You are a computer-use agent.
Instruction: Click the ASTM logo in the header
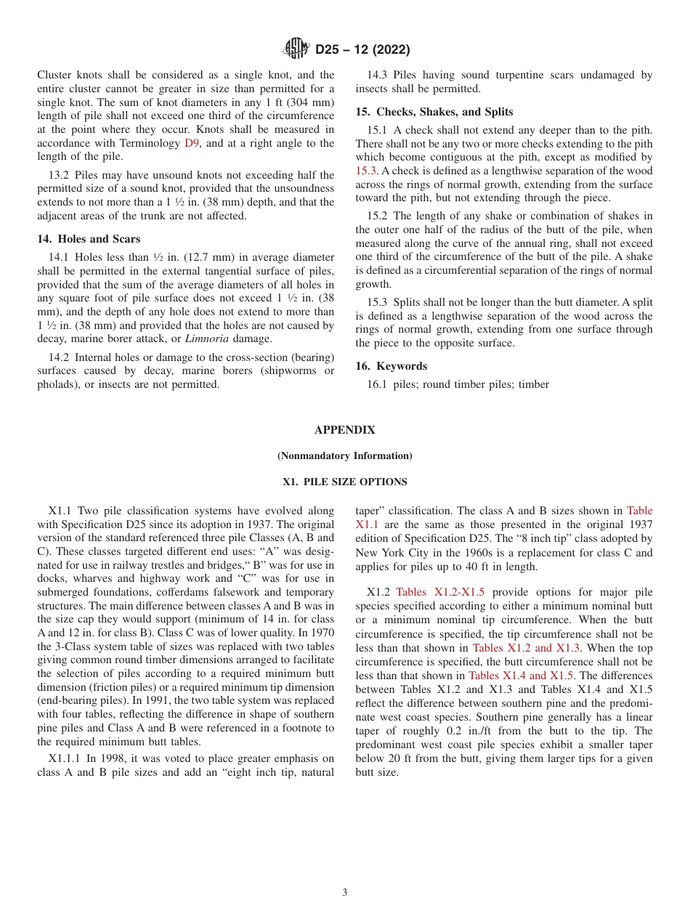point(296,49)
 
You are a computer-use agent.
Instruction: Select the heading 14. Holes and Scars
point(89,239)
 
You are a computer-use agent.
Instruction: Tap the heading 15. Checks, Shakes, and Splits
point(434,112)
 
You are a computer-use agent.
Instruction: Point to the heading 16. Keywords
point(391,366)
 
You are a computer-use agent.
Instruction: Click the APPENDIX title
point(344,430)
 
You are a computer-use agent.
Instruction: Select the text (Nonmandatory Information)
point(344,456)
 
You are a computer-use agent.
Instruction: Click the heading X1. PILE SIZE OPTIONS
point(344,482)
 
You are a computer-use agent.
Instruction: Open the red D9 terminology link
point(192,143)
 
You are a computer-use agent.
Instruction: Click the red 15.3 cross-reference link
point(367,171)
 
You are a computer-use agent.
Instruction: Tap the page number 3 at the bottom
point(344,893)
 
